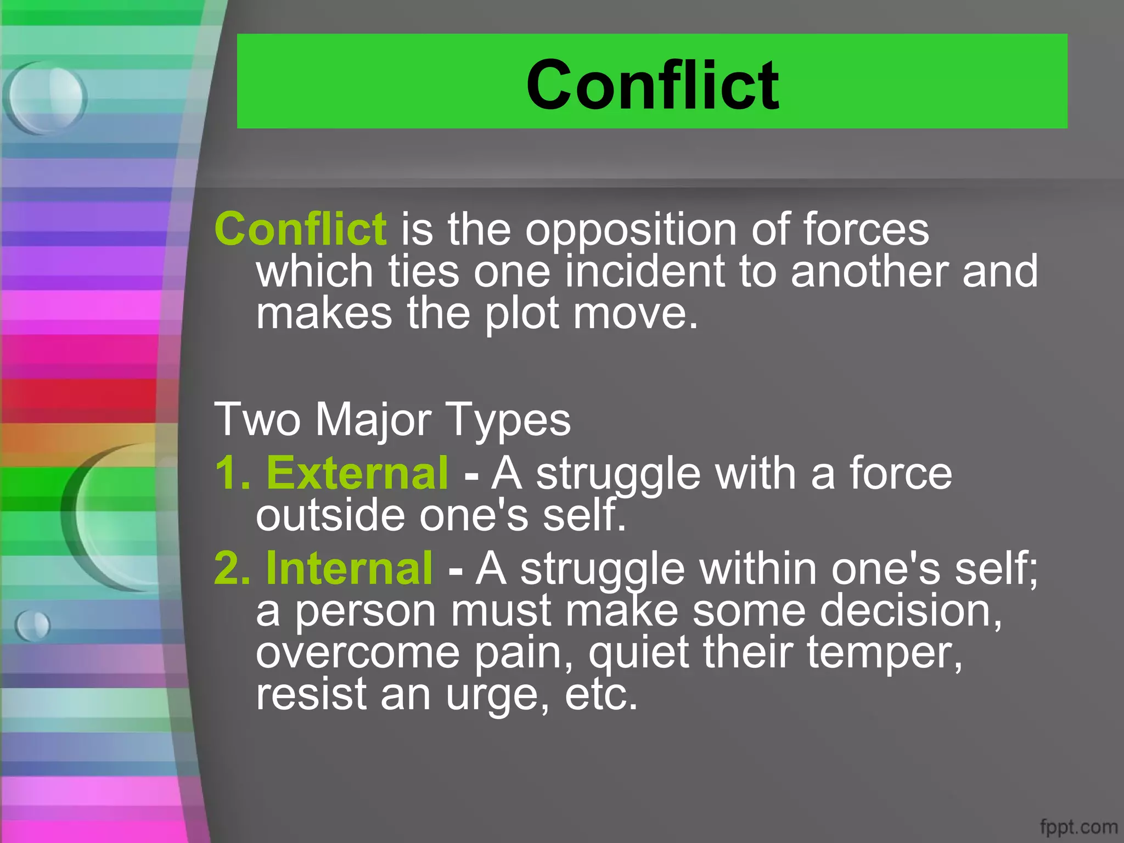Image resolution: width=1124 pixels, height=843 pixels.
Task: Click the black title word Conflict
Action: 652,85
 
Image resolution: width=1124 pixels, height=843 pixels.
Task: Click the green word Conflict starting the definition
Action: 300,229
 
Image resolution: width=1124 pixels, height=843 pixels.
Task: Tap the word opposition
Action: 631,231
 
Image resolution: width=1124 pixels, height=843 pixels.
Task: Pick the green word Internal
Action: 350,569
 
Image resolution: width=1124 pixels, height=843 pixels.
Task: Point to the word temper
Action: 884,653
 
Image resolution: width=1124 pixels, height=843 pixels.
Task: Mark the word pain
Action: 524,653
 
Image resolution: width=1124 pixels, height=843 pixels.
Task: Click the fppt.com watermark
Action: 1078,827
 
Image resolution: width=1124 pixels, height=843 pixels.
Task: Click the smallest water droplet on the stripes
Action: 33,625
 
